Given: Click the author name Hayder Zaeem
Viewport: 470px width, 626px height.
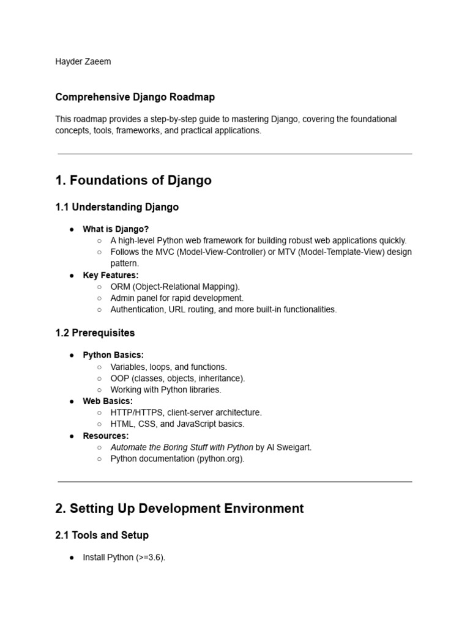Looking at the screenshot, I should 83,62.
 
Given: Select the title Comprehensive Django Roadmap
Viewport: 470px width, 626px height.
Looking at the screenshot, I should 135,97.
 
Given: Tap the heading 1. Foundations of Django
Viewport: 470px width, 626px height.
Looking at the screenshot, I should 133,180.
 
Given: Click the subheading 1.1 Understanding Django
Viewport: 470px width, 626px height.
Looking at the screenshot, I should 117,207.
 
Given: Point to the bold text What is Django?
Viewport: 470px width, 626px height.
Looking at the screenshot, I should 116,229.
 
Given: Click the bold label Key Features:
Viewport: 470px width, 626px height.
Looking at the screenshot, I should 111,276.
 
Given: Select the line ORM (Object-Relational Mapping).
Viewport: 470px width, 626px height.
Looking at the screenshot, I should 175,287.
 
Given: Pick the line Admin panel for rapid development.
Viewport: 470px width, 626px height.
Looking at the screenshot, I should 177,298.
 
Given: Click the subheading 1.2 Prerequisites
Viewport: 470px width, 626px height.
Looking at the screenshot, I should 95,333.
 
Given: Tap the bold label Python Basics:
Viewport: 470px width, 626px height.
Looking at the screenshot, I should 113,355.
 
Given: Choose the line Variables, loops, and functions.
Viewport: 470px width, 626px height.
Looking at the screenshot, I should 168,367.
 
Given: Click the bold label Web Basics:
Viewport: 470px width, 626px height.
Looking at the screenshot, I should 108,402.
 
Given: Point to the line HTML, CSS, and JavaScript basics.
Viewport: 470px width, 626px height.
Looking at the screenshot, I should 177,424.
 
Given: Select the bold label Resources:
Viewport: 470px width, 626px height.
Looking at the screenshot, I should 106,436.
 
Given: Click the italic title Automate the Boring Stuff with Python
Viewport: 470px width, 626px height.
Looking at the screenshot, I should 182,447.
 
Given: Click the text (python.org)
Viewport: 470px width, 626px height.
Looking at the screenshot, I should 220,459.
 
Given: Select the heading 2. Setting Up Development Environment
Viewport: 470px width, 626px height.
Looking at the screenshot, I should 179,509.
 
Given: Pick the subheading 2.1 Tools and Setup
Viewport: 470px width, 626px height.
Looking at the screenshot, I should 102,536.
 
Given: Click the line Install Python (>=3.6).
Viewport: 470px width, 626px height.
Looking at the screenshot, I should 124,558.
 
